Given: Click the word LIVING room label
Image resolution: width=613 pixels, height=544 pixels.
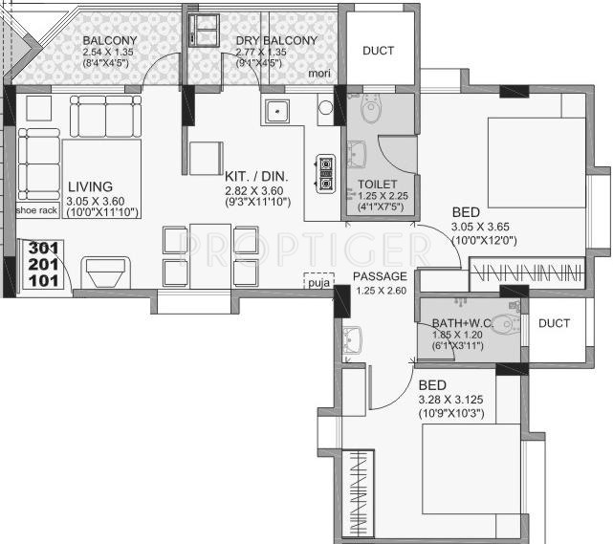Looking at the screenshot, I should tap(90, 186).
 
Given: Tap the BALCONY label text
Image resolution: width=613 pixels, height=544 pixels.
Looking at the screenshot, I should tap(108, 40).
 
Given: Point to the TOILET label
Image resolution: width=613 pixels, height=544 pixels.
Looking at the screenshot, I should tap(377, 184).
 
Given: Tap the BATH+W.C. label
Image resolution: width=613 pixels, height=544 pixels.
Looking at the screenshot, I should tap(457, 322).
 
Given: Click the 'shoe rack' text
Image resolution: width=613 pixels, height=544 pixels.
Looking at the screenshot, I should tap(36, 209).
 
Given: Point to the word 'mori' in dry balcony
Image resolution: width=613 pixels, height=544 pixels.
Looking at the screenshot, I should tap(318, 73).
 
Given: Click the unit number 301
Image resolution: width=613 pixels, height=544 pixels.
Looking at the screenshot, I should tap(42, 248).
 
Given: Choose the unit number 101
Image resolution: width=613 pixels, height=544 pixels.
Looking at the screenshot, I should tap(42, 280).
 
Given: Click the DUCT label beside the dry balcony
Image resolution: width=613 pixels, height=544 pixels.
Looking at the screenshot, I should tap(377, 51).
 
